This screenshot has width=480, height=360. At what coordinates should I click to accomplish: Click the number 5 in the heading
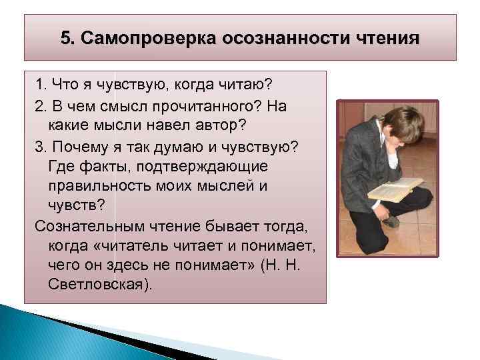[x=65, y=37]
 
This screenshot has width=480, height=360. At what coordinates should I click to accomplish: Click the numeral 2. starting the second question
[x=41, y=107]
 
